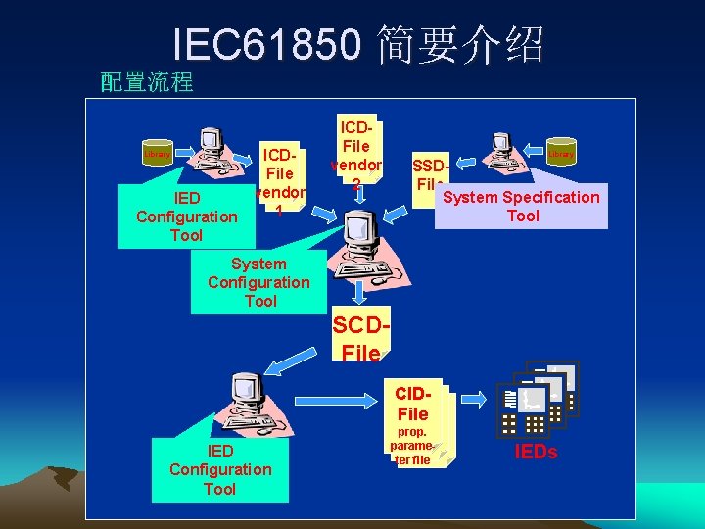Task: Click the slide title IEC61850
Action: (x=358, y=44)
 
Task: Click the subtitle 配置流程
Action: (x=147, y=82)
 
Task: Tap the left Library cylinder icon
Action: (x=157, y=155)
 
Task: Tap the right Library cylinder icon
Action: (x=561, y=154)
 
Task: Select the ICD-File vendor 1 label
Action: (x=281, y=182)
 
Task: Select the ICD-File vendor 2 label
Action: (x=357, y=154)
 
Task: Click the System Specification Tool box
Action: (x=521, y=206)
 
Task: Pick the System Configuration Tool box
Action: (x=258, y=282)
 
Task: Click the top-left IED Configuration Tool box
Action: (x=186, y=216)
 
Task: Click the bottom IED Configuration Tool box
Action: (x=220, y=469)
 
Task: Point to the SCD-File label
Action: (x=361, y=339)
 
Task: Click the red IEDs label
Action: (x=536, y=452)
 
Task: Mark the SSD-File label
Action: (x=430, y=175)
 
